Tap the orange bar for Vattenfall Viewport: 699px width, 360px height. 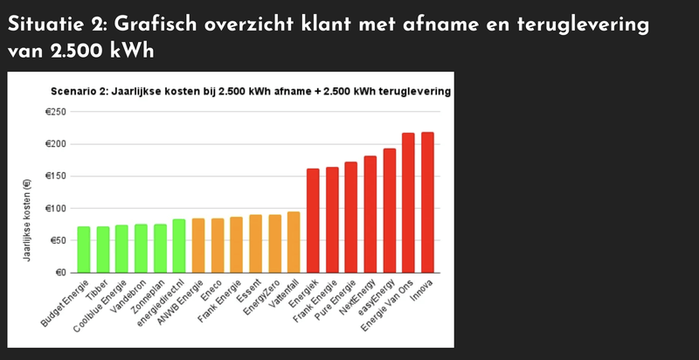click(x=294, y=242)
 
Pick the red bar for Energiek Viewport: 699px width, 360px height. click(x=313, y=220)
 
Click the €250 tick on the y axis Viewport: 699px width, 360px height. click(x=56, y=112)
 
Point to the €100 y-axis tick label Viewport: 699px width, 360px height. click(x=56, y=208)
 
